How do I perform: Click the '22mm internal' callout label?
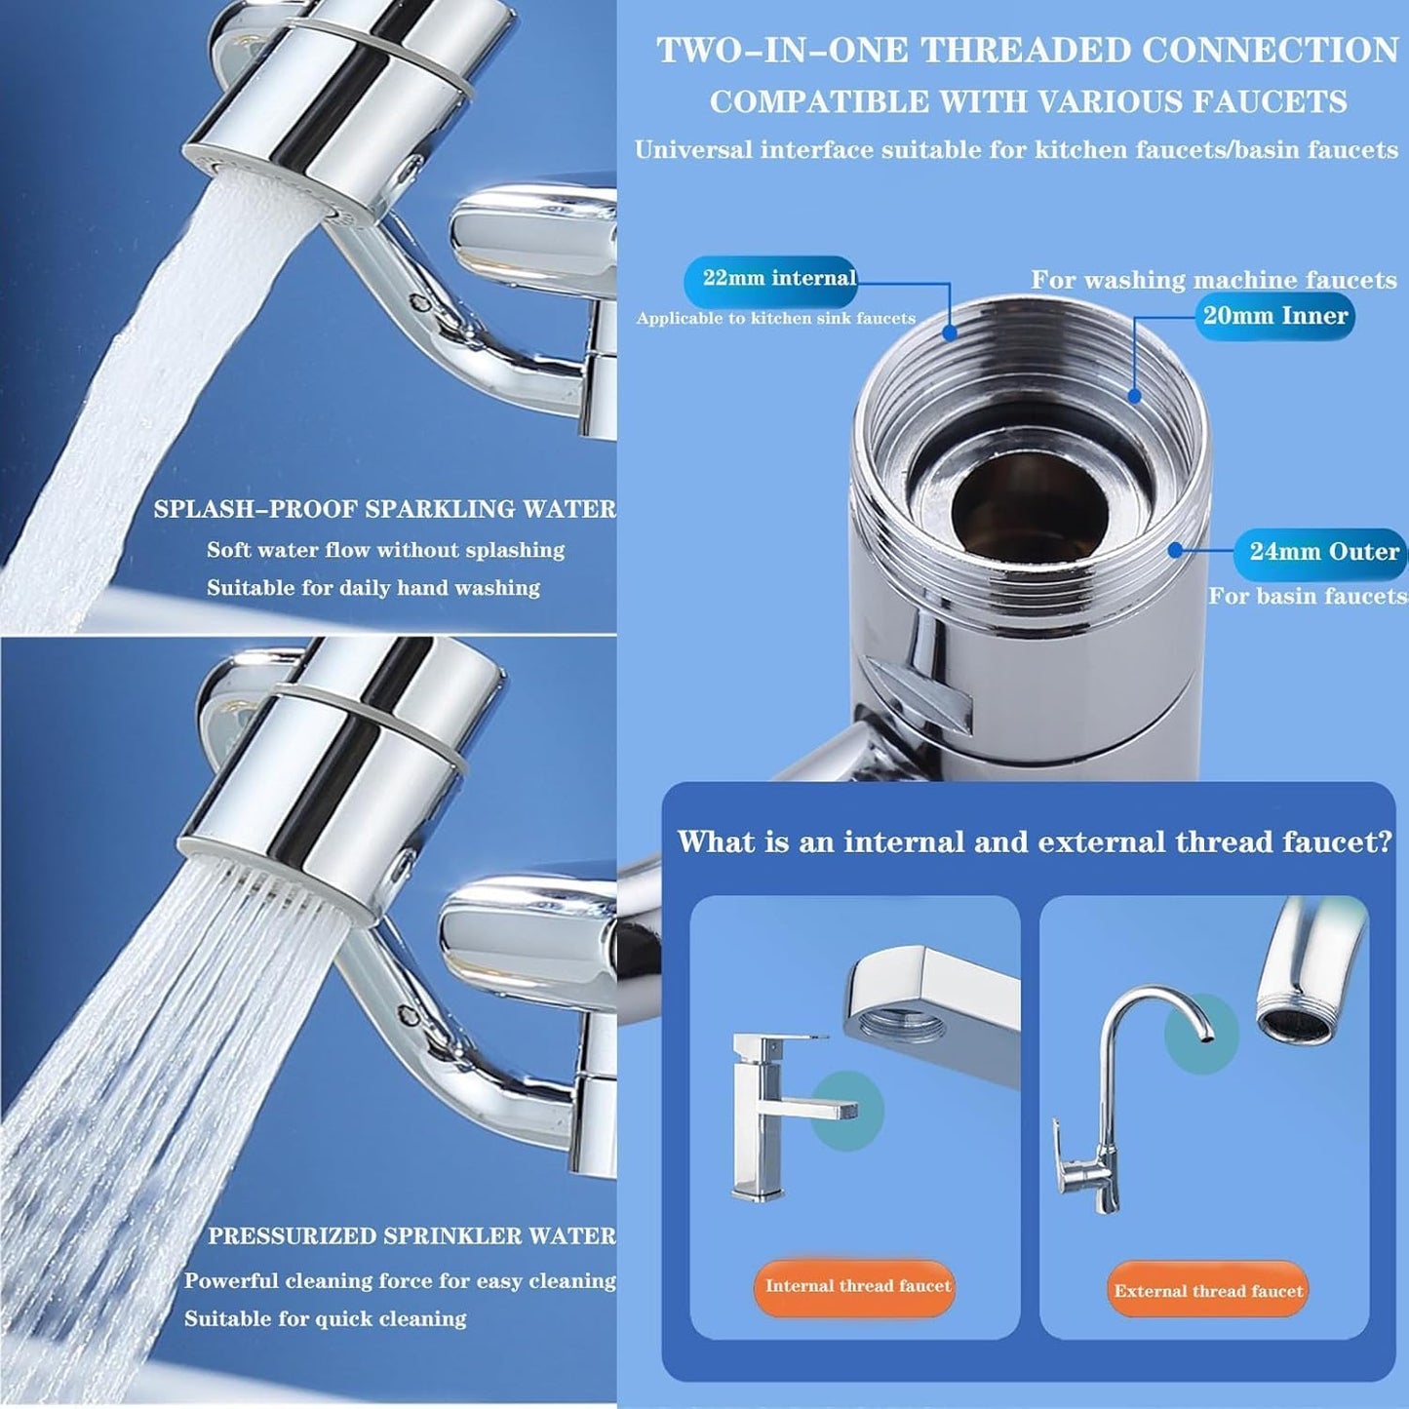[x=778, y=279]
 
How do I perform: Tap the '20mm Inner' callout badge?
[x=1274, y=316]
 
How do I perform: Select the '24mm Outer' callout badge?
[x=1322, y=552]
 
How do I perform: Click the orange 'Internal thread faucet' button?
[x=856, y=1286]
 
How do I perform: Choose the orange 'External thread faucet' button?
[x=1207, y=1291]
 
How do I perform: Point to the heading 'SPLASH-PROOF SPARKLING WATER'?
[x=384, y=509]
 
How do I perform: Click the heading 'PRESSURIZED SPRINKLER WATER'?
[x=411, y=1236]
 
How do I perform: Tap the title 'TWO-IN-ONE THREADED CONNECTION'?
[x=1027, y=51]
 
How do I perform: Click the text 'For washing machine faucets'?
[x=1213, y=280]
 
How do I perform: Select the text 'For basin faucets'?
[x=1307, y=596]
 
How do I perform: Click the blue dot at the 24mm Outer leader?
[x=1175, y=551]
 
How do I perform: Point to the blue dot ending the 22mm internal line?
[x=950, y=333]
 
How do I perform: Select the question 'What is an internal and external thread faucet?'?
[x=1035, y=842]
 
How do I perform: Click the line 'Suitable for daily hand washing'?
[x=372, y=588]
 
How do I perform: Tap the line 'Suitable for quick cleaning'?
[x=325, y=1319]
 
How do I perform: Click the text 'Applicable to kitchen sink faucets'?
[x=775, y=319]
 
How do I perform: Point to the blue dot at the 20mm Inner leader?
[x=1134, y=396]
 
